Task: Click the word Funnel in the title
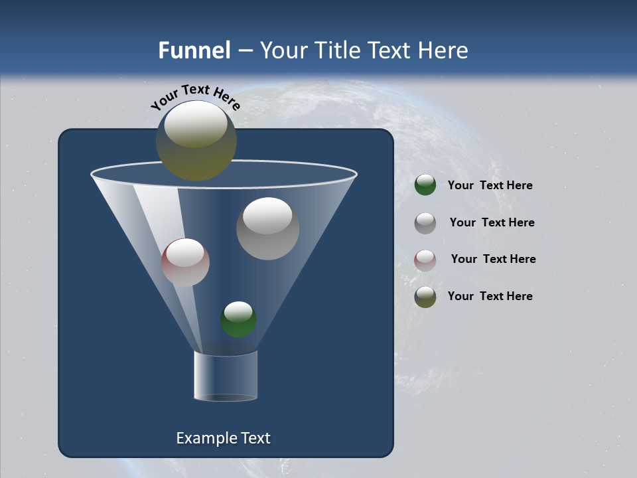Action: tap(194, 50)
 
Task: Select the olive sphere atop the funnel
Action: tap(196, 140)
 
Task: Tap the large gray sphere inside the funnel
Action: tap(268, 229)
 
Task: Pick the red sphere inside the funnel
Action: tap(185, 262)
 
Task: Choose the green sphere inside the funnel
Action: tap(239, 319)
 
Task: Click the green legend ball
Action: tap(425, 185)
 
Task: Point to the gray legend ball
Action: tap(425, 223)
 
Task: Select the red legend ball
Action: tap(425, 260)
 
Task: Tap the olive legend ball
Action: tap(425, 297)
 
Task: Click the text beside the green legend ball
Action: tap(490, 186)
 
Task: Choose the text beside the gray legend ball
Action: tap(492, 222)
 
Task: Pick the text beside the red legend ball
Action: tap(493, 259)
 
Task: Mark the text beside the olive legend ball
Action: tap(490, 296)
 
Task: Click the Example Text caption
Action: tap(223, 438)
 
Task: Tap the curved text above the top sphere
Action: tap(195, 97)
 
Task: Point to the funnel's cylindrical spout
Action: tap(226, 376)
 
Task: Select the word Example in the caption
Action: tap(200, 439)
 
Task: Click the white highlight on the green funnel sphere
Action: tap(238, 310)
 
